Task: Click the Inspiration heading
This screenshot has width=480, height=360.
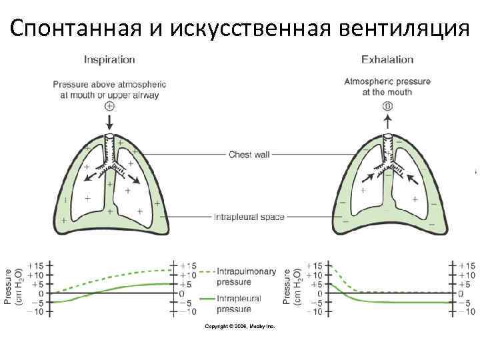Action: tap(109, 59)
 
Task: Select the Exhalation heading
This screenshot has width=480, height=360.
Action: tap(387, 59)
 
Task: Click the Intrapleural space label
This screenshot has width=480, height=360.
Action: tap(249, 217)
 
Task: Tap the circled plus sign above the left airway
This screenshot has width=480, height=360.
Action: tap(109, 105)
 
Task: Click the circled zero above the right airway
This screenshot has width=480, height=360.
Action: tap(387, 106)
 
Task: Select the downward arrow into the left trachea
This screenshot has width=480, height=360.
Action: tap(109, 123)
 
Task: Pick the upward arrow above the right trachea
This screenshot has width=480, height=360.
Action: tap(387, 121)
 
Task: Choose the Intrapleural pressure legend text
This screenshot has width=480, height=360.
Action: tap(239, 303)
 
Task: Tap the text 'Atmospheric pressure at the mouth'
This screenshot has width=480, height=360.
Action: tap(387, 87)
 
